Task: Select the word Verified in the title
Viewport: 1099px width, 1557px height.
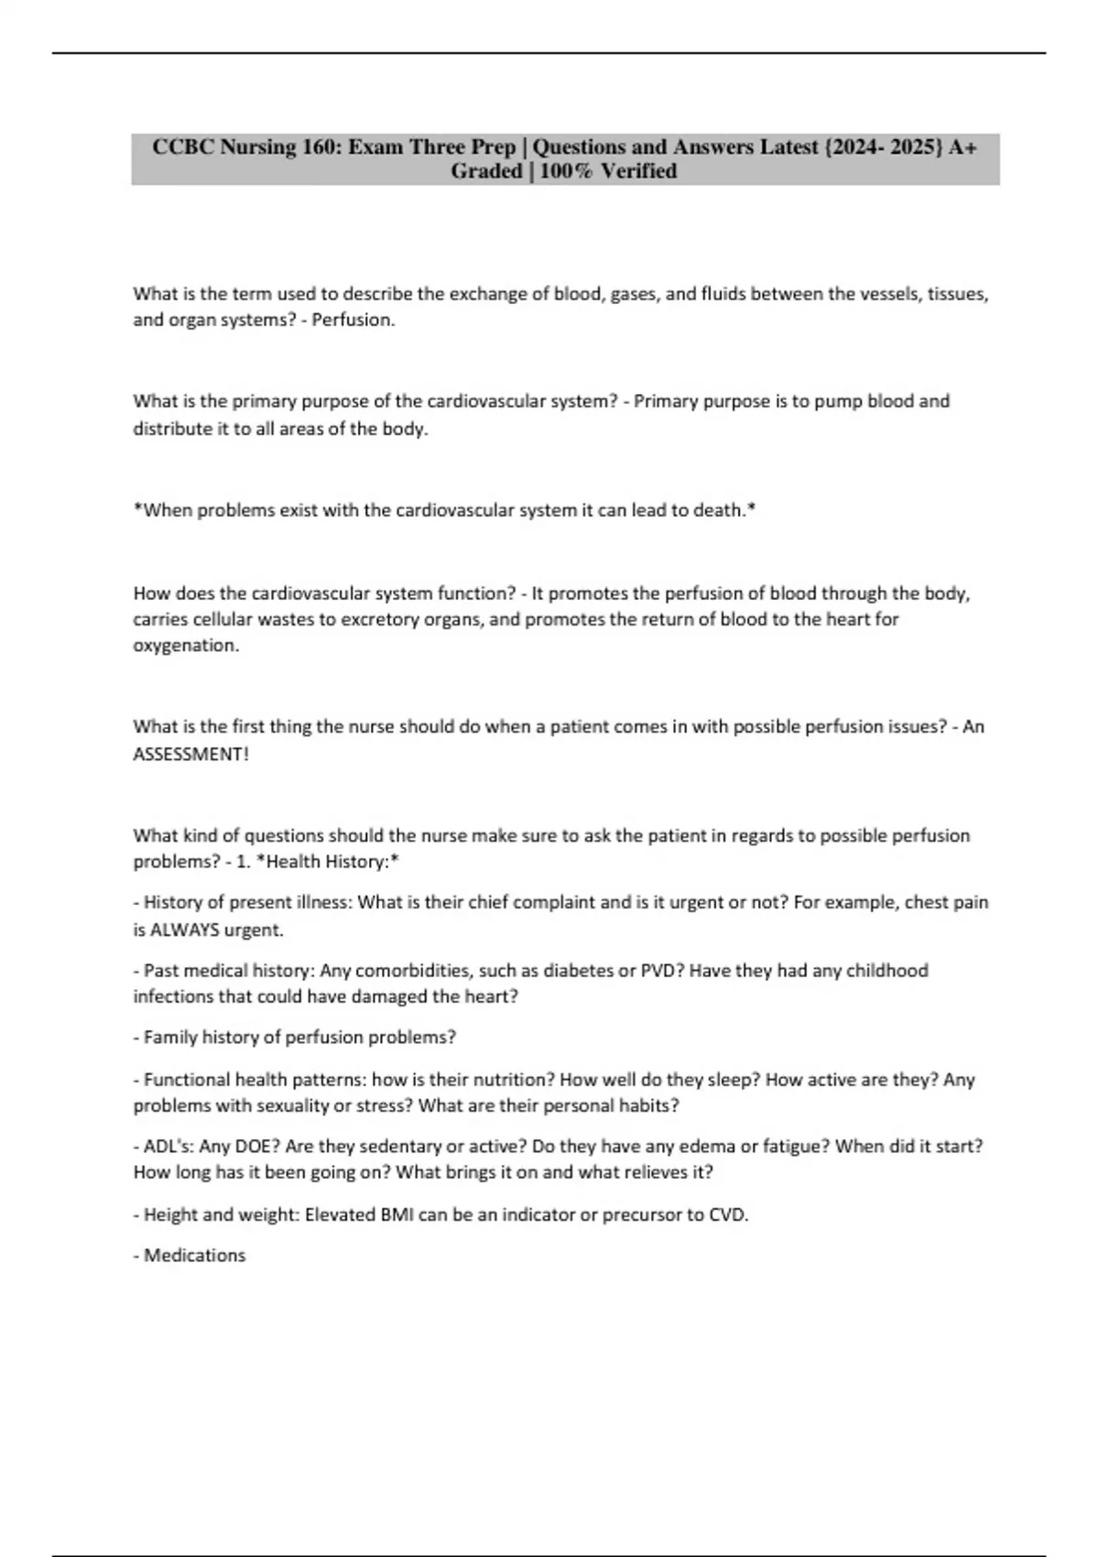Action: pyautogui.click(x=639, y=171)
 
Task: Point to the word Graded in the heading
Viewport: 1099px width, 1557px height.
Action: pyautogui.click(x=486, y=171)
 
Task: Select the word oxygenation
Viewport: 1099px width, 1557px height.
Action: pyautogui.click(x=185, y=646)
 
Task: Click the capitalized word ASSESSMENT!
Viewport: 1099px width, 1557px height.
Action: pyautogui.click(x=190, y=755)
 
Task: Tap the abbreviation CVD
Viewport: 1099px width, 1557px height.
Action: pyautogui.click(x=728, y=1215)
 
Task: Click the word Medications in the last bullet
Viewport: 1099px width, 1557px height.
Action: pyautogui.click(x=194, y=1256)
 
